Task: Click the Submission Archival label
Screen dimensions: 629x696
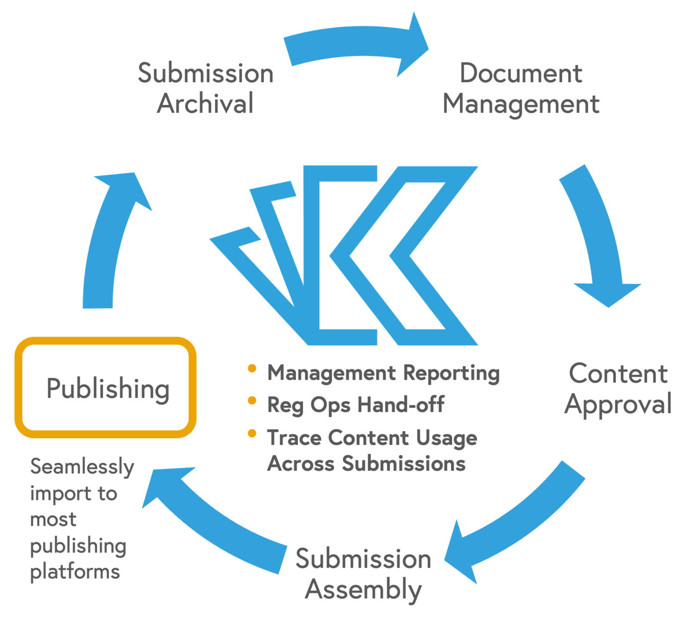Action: click(x=206, y=88)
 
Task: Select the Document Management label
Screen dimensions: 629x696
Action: click(x=521, y=88)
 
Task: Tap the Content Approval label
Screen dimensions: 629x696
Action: click(x=618, y=389)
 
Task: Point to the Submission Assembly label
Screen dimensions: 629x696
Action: click(x=363, y=574)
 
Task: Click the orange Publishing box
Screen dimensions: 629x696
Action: click(x=106, y=388)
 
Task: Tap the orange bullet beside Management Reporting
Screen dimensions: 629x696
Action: click(x=252, y=369)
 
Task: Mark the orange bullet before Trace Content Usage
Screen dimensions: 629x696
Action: click(x=252, y=434)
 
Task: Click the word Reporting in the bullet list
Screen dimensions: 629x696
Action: click(x=451, y=373)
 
